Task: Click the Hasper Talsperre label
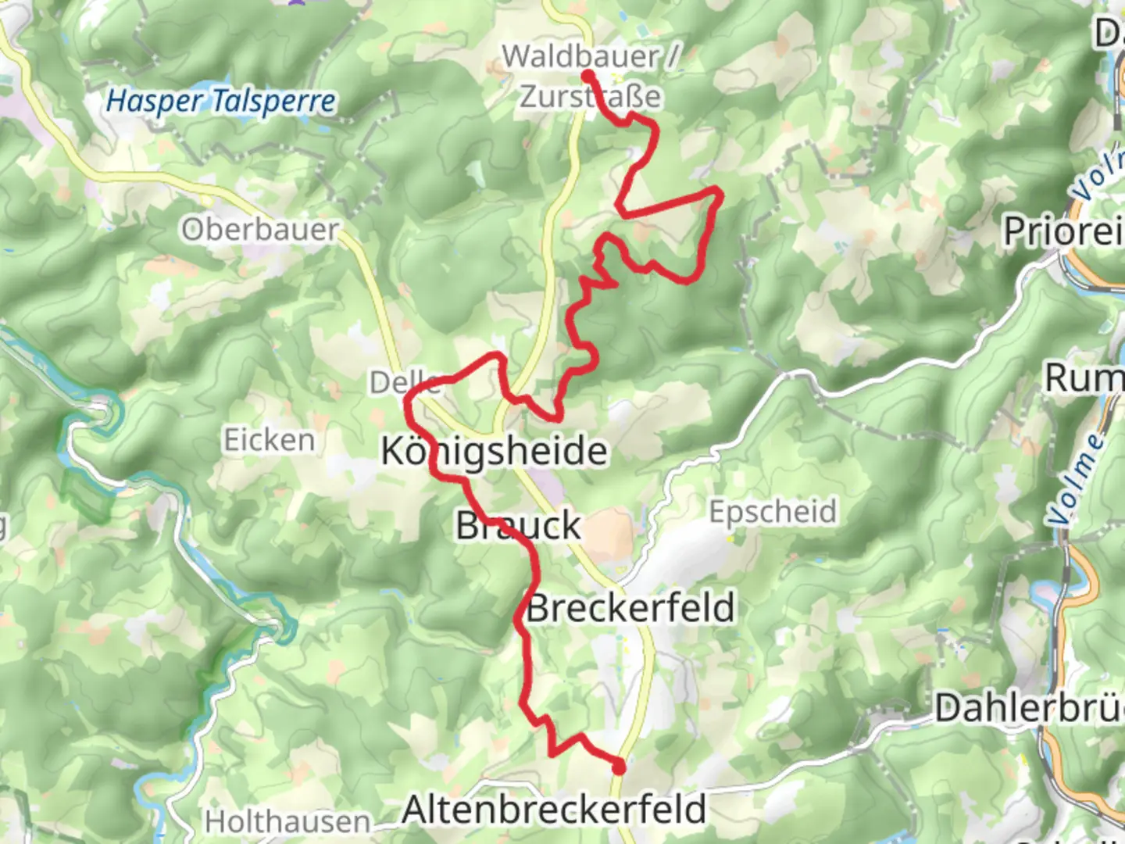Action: click(x=221, y=101)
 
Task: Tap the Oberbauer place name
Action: click(x=260, y=229)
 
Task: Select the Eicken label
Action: click(x=270, y=440)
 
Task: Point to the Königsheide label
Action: click(x=494, y=452)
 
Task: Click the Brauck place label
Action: click(x=519, y=525)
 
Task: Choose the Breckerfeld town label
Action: click(x=631, y=608)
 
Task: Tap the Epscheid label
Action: click(x=773, y=512)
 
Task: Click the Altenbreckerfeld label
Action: click(x=554, y=810)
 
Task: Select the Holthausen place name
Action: click(x=287, y=822)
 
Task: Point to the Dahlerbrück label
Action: click(x=1030, y=708)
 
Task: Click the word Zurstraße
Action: click(x=591, y=97)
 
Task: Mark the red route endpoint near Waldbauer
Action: click(x=587, y=75)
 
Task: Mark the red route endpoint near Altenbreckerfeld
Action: click(x=619, y=767)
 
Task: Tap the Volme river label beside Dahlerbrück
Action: click(x=1077, y=479)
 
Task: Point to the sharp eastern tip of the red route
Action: click(x=719, y=190)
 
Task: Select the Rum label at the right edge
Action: click(x=1084, y=378)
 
